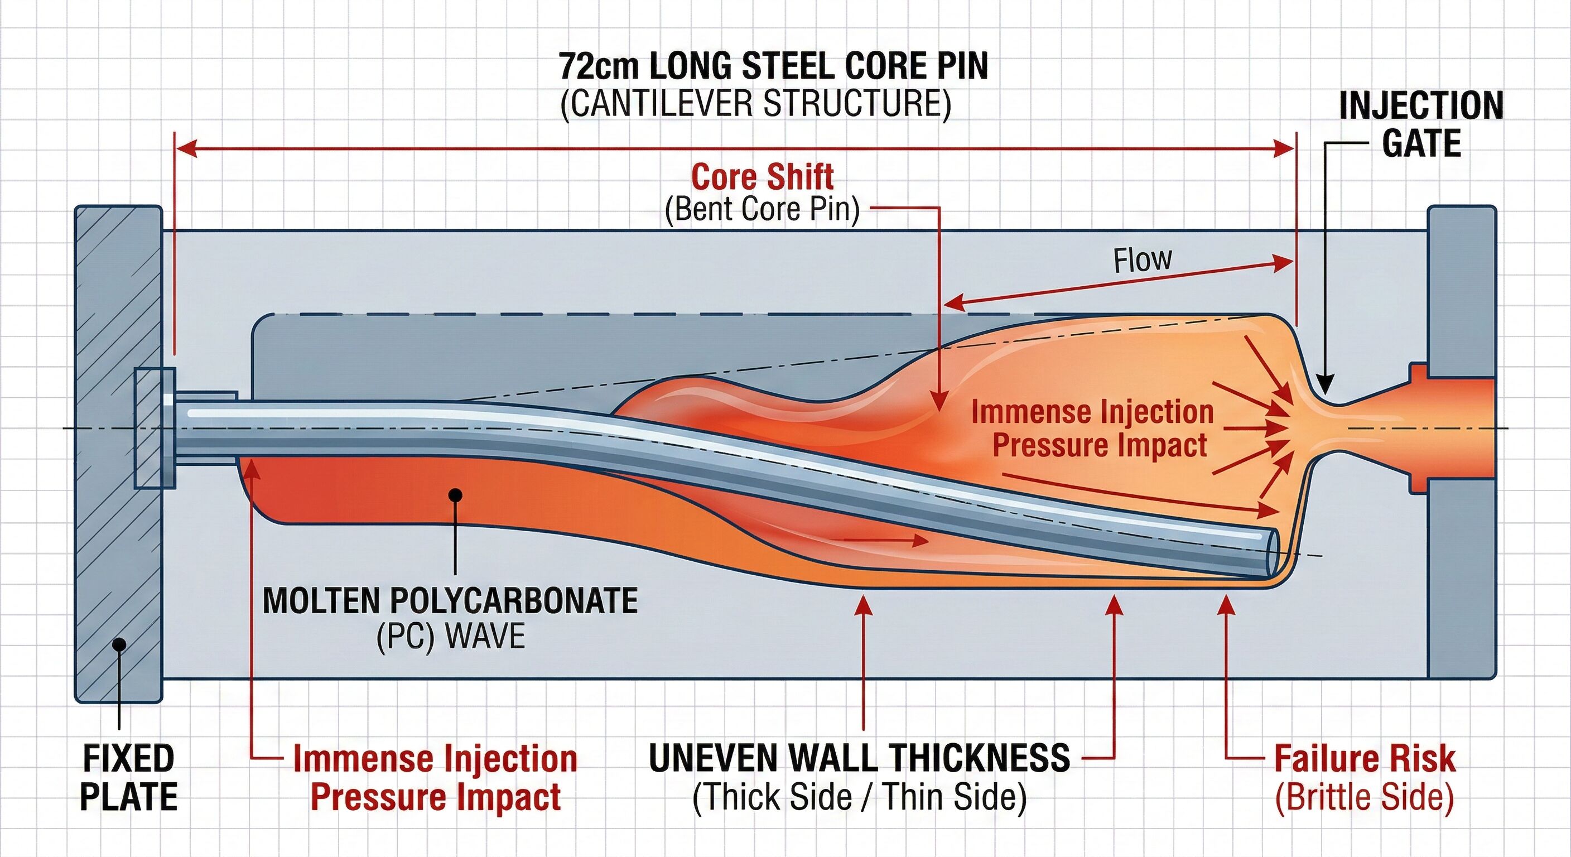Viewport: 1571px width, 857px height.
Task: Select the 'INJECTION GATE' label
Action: (1421, 124)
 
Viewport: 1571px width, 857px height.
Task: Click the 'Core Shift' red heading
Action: (762, 177)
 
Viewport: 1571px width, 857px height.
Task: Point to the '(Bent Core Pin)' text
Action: (762, 210)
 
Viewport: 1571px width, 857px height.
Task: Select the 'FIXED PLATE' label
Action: (129, 778)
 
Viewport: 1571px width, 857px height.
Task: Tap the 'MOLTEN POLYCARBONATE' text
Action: (450, 601)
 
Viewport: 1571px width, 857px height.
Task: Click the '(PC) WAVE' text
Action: (451, 635)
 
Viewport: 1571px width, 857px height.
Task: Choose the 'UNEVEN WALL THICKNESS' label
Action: (859, 758)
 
